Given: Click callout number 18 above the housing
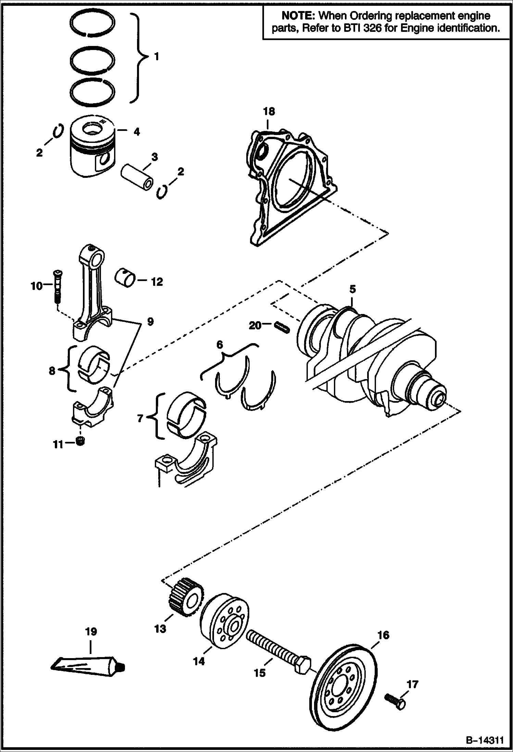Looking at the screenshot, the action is tap(269, 111).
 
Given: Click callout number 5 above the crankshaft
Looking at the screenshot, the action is tap(352, 289).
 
